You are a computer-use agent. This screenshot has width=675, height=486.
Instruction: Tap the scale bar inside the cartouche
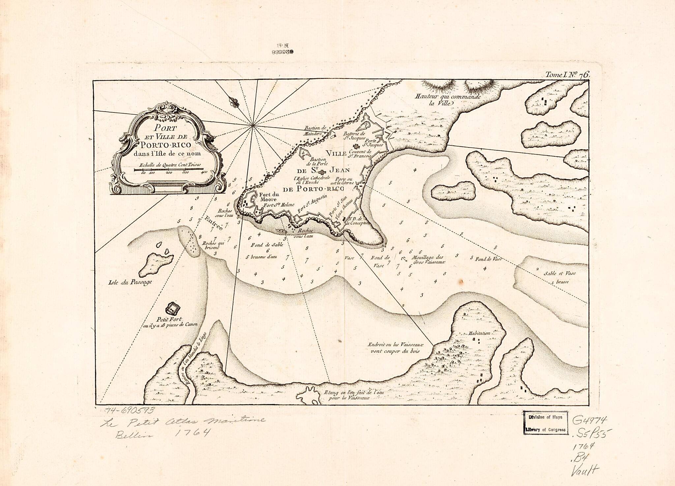pos(169,169)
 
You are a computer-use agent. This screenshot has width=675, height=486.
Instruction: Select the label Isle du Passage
pos(130,282)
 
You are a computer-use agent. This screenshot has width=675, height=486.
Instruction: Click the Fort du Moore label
pos(269,197)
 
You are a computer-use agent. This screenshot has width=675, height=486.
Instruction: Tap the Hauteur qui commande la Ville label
pos(448,100)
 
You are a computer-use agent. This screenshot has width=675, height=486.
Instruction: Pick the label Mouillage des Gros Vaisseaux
pos(428,259)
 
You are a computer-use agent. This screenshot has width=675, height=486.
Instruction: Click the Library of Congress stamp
pos(545,423)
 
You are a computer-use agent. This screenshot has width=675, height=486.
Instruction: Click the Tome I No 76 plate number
pos(567,75)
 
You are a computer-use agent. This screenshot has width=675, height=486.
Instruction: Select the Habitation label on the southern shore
pos(479,333)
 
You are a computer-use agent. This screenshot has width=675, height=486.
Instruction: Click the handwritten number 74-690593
pos(129,410)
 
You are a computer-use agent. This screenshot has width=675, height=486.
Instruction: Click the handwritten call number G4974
pos(589,420)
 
